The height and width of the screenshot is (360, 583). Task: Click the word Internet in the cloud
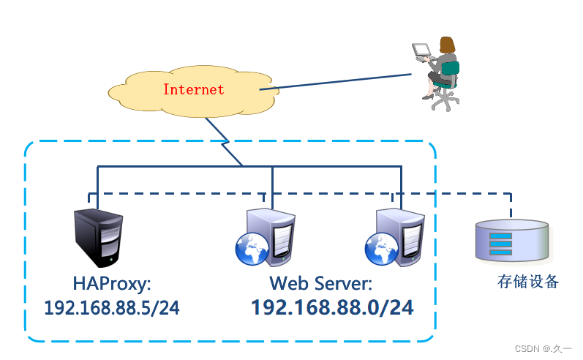tap(193, 90)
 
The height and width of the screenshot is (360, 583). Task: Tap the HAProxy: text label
tap(112, 283)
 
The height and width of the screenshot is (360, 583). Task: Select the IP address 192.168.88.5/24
tap(111, 308)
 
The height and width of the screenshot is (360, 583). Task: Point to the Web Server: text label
tap(321, 283)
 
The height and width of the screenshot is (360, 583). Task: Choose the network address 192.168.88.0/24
tap(332, 308)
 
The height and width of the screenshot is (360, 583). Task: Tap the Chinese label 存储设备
tap(527, 282)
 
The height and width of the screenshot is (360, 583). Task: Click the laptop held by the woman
tap(422, 50)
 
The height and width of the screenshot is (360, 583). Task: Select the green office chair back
tap(451, 74)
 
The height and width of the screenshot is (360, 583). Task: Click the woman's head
tap(445, 43)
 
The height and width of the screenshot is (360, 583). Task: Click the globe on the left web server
tap(250, 250)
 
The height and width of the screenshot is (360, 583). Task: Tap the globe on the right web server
tap(380, 249)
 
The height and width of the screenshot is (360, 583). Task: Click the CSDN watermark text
tap(543, 349)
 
